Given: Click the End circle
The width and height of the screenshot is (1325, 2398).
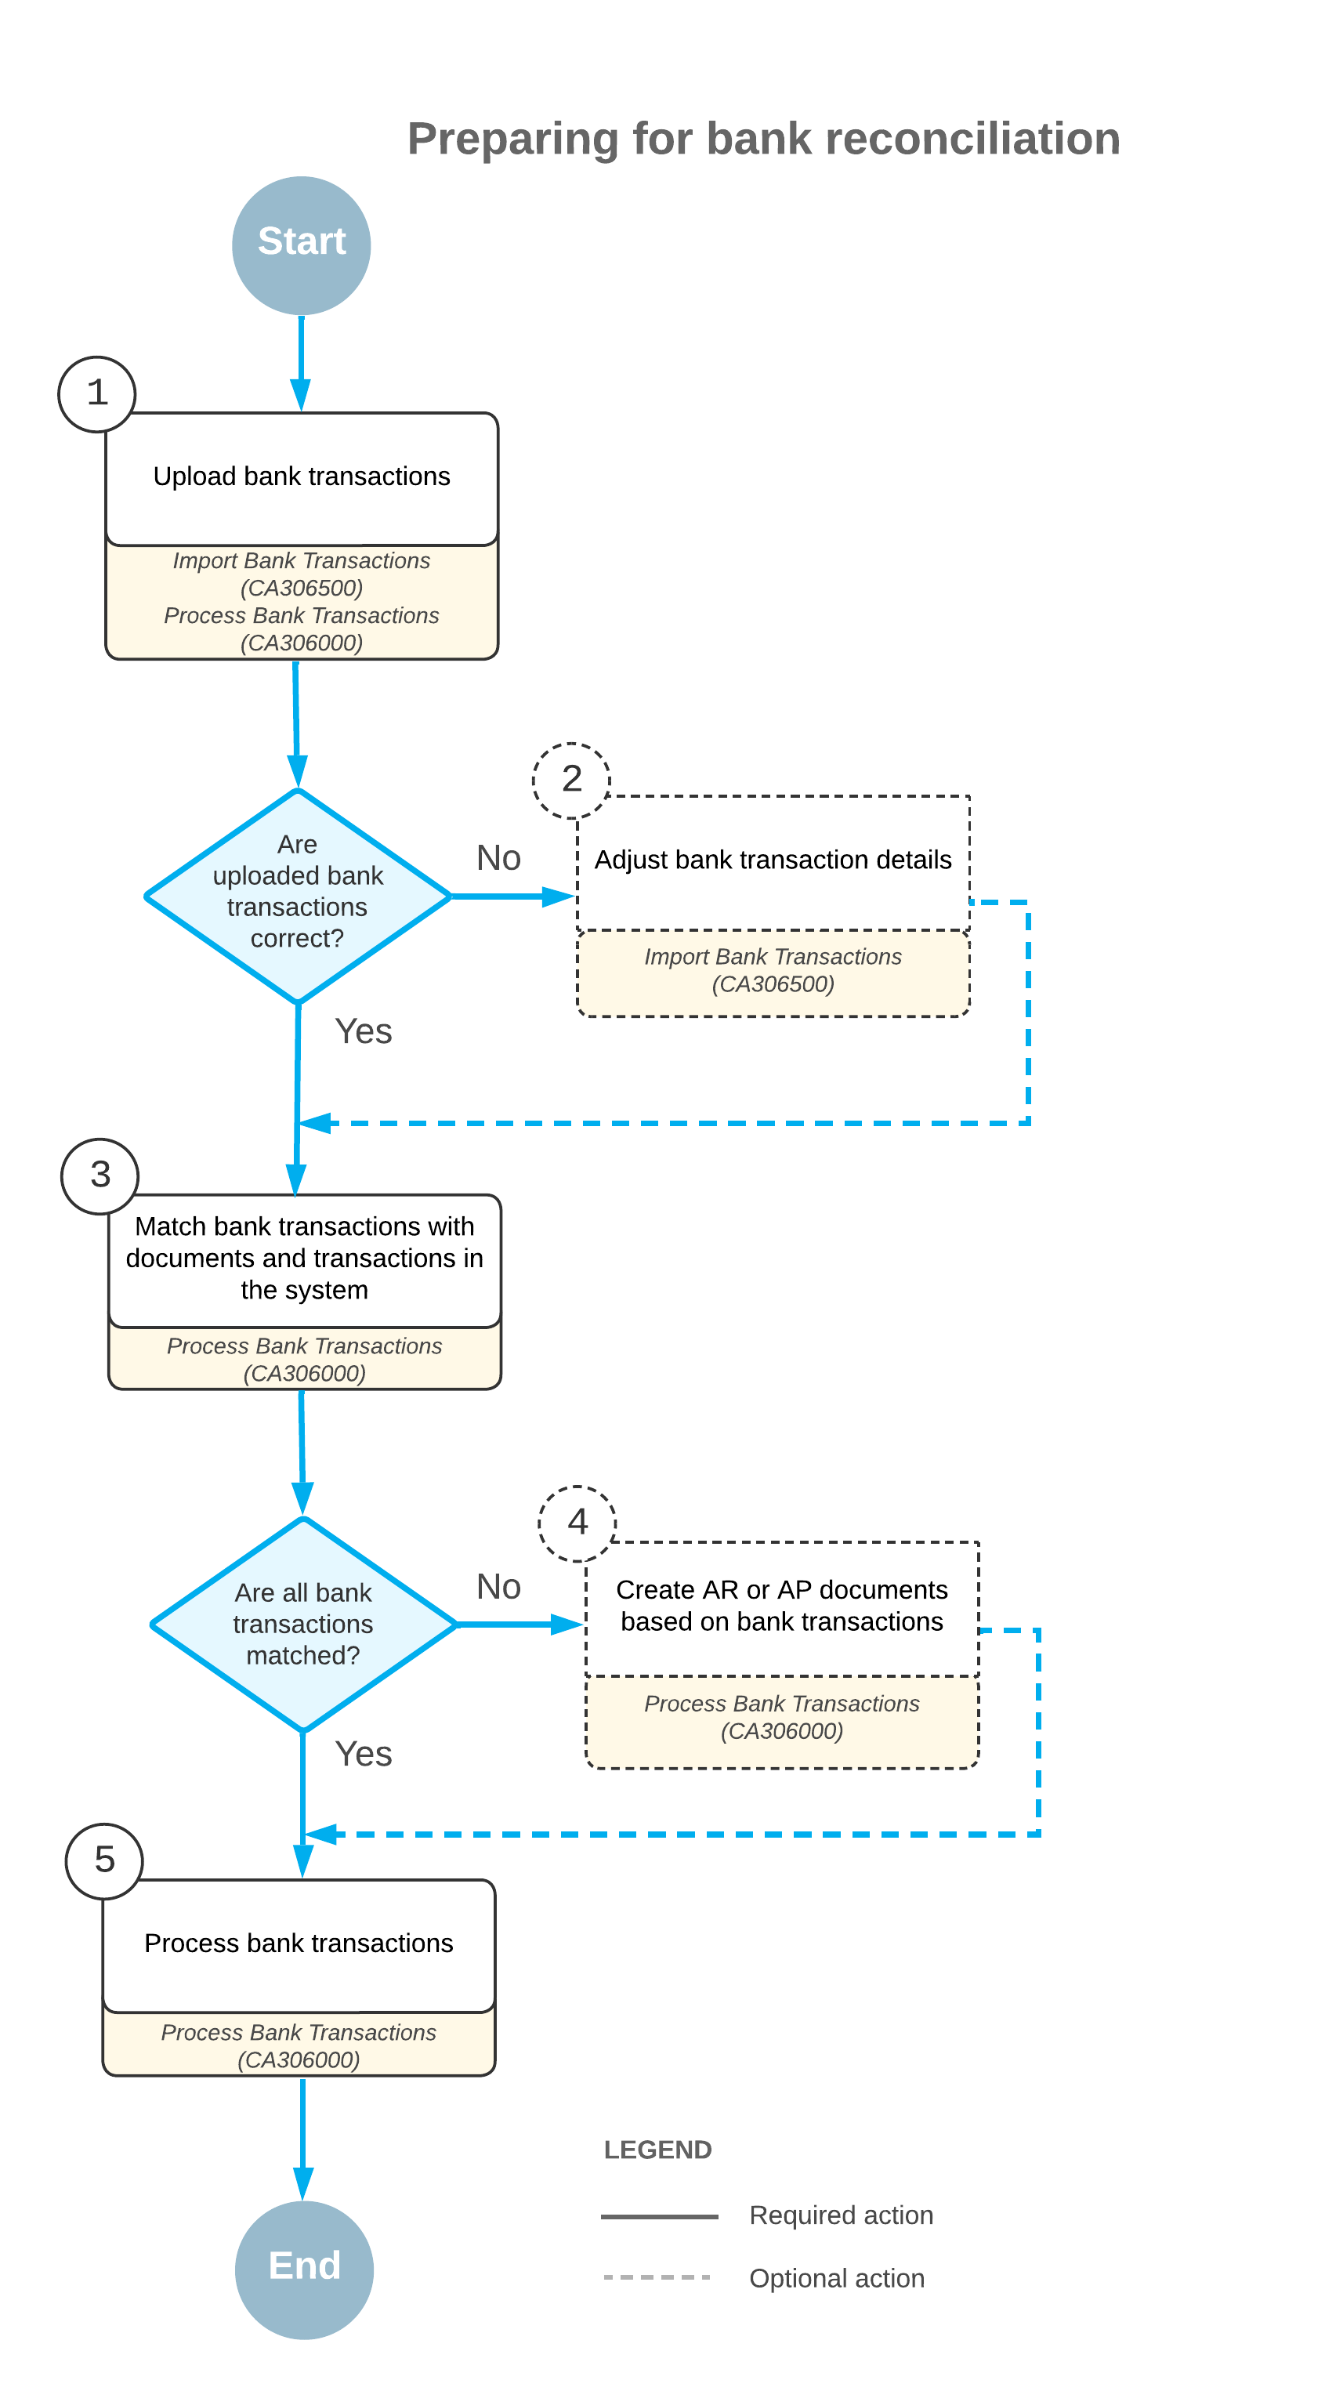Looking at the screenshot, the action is click(x=304, y=2269).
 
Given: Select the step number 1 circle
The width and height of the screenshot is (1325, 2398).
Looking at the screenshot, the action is click(x=97, y=393).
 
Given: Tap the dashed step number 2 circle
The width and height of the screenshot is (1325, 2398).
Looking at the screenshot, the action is click(x=571, y=780).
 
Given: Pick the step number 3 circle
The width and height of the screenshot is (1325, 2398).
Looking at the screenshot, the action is click(x=100, y=1175).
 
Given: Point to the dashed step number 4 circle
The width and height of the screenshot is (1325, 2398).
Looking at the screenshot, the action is click(x=577, y=1523).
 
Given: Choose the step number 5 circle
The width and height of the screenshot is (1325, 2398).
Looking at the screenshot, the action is click(x=104, y=1861).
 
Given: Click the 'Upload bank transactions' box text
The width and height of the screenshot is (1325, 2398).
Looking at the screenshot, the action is click(x=302, y=476).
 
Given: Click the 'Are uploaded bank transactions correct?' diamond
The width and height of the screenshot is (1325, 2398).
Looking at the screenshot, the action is click(x=298, y=896).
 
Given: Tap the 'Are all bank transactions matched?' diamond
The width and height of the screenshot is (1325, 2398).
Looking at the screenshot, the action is click(x=303, y=1625).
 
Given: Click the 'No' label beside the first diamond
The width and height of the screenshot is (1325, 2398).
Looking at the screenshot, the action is click(x=498, y=857).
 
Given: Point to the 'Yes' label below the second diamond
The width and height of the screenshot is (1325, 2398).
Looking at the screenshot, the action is click(x=364, y=1754).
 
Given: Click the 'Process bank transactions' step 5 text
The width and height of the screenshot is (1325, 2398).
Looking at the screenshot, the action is click(x=299, y=1943).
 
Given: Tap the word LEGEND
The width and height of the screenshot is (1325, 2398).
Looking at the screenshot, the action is click(x=658, y=2150).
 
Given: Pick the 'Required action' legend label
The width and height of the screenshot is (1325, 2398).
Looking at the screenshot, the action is click(x=842, y=2215).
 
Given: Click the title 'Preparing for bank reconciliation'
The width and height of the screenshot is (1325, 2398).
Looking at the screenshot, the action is click(x=764, y=139).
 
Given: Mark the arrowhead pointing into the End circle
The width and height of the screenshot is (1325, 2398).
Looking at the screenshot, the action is click(x=303, y=2184).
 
